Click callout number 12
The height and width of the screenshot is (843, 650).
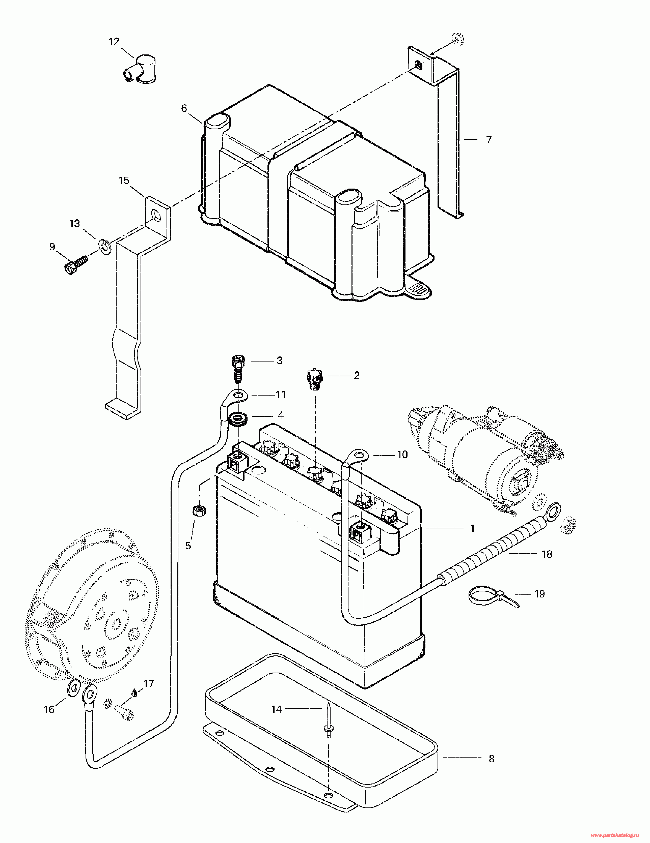coord(114,42)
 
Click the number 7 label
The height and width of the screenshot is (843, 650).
coord(489,139)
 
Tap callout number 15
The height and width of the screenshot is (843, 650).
coord(124,181)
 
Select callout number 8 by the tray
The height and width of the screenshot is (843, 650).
coord(492,759)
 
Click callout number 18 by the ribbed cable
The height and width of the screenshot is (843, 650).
coord(547,554)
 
